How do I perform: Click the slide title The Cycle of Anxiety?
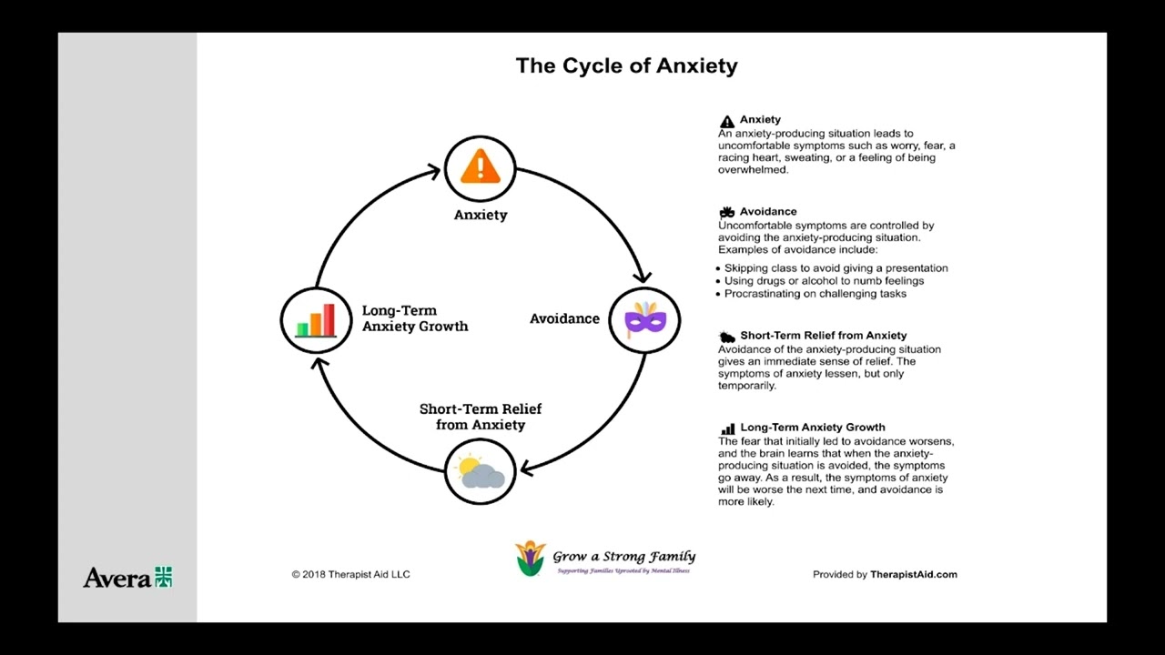626,65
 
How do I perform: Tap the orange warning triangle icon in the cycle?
480,168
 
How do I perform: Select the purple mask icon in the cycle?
644,319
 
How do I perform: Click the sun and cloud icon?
481,471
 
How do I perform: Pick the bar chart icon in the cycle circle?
316,320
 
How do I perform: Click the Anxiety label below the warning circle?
481,215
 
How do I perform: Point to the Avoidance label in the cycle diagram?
564,318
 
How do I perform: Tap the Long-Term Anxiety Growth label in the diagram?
414,318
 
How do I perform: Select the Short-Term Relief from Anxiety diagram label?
481,417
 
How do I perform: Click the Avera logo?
127,577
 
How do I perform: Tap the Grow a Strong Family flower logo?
530,558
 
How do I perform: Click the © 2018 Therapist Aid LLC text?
350,574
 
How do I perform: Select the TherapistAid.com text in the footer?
913,574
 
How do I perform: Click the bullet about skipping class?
836,268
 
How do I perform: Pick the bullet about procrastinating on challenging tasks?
815,294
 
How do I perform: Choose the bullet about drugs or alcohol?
824,281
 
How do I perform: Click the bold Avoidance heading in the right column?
767,211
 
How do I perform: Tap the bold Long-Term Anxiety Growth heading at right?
812,427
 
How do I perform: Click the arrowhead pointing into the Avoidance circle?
643,277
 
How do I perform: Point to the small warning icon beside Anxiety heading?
726,121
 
